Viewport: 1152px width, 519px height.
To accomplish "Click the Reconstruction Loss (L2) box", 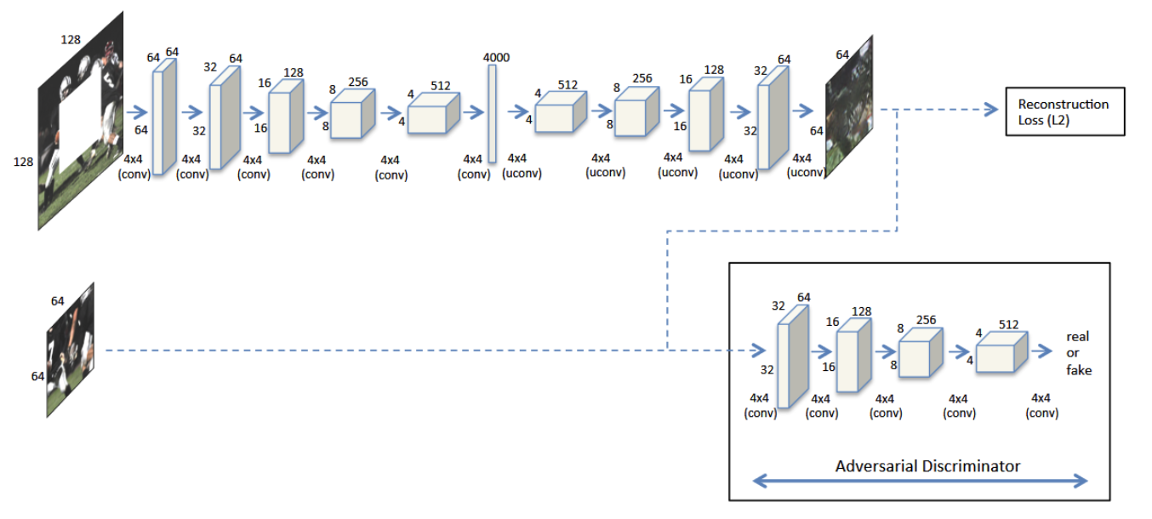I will point(1064,111).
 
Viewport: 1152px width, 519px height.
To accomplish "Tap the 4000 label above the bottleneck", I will point(496,57).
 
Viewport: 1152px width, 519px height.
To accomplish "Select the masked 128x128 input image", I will point(81,121).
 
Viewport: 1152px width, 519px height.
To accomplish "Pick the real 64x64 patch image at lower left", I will point(70,350).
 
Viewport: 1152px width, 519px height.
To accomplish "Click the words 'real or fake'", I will point(1078,353).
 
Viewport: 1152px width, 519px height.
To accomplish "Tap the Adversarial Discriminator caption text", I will point(927,466).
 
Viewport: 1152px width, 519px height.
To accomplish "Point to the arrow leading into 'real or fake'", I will point(1042,351).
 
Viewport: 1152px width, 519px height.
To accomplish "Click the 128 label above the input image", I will point(71,39).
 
